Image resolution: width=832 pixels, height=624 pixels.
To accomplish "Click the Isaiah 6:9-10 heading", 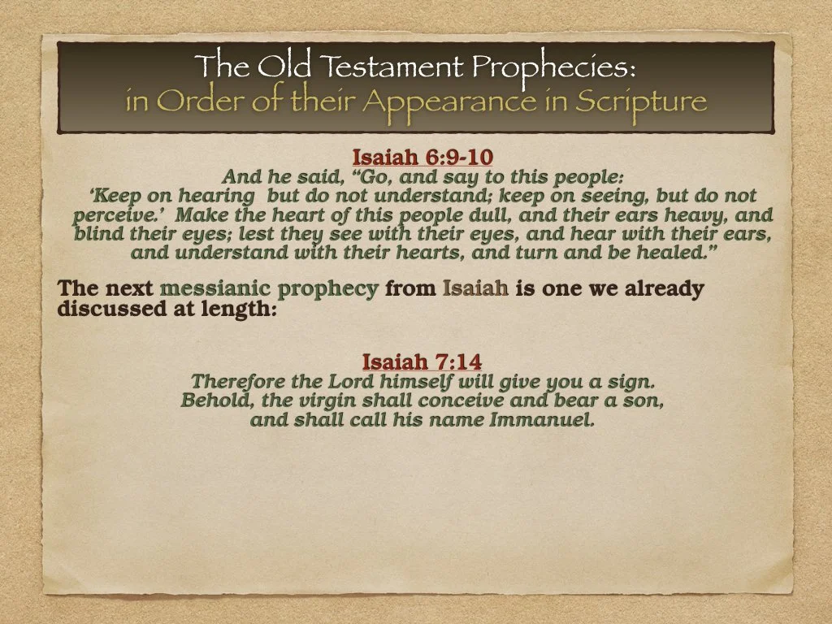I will tap(422, 157).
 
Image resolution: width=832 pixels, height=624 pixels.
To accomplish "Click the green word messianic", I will tap(214, 288).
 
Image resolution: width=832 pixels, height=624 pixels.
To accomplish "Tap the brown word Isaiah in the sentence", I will tap(476, 288).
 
